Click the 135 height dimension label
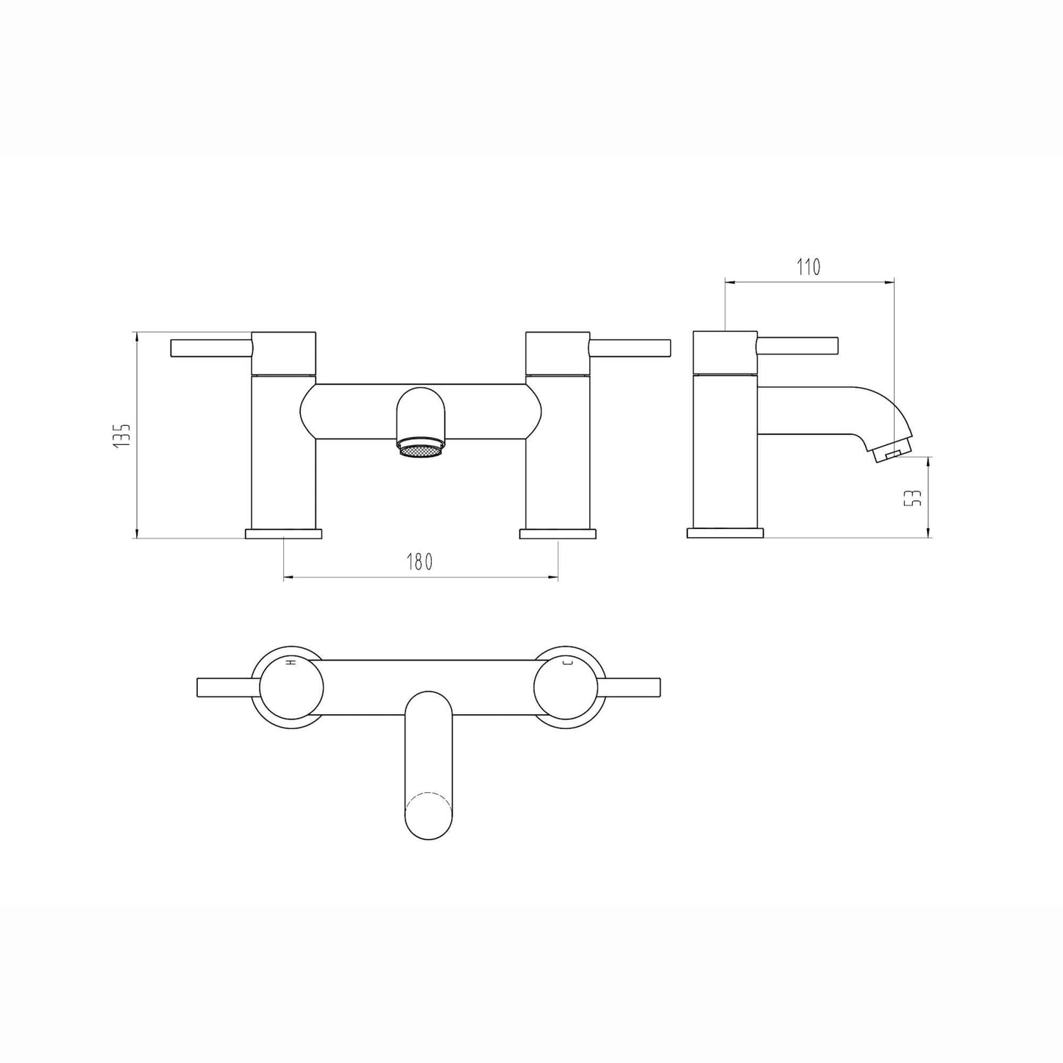[121, 435]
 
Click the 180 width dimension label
[420, 561]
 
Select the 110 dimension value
[808, 267]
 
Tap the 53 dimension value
[914, 498]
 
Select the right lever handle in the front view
[630, 349]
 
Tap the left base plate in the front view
[283, 533]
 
